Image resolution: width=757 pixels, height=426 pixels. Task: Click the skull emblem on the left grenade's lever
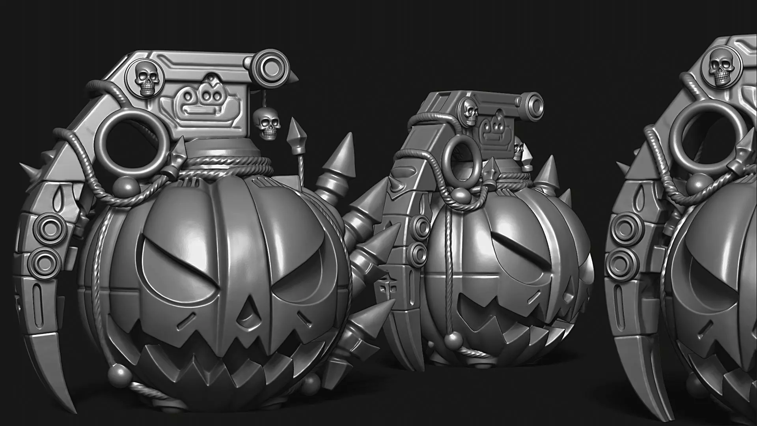click(147, 80)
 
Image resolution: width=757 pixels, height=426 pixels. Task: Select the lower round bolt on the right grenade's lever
click(619, 262)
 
